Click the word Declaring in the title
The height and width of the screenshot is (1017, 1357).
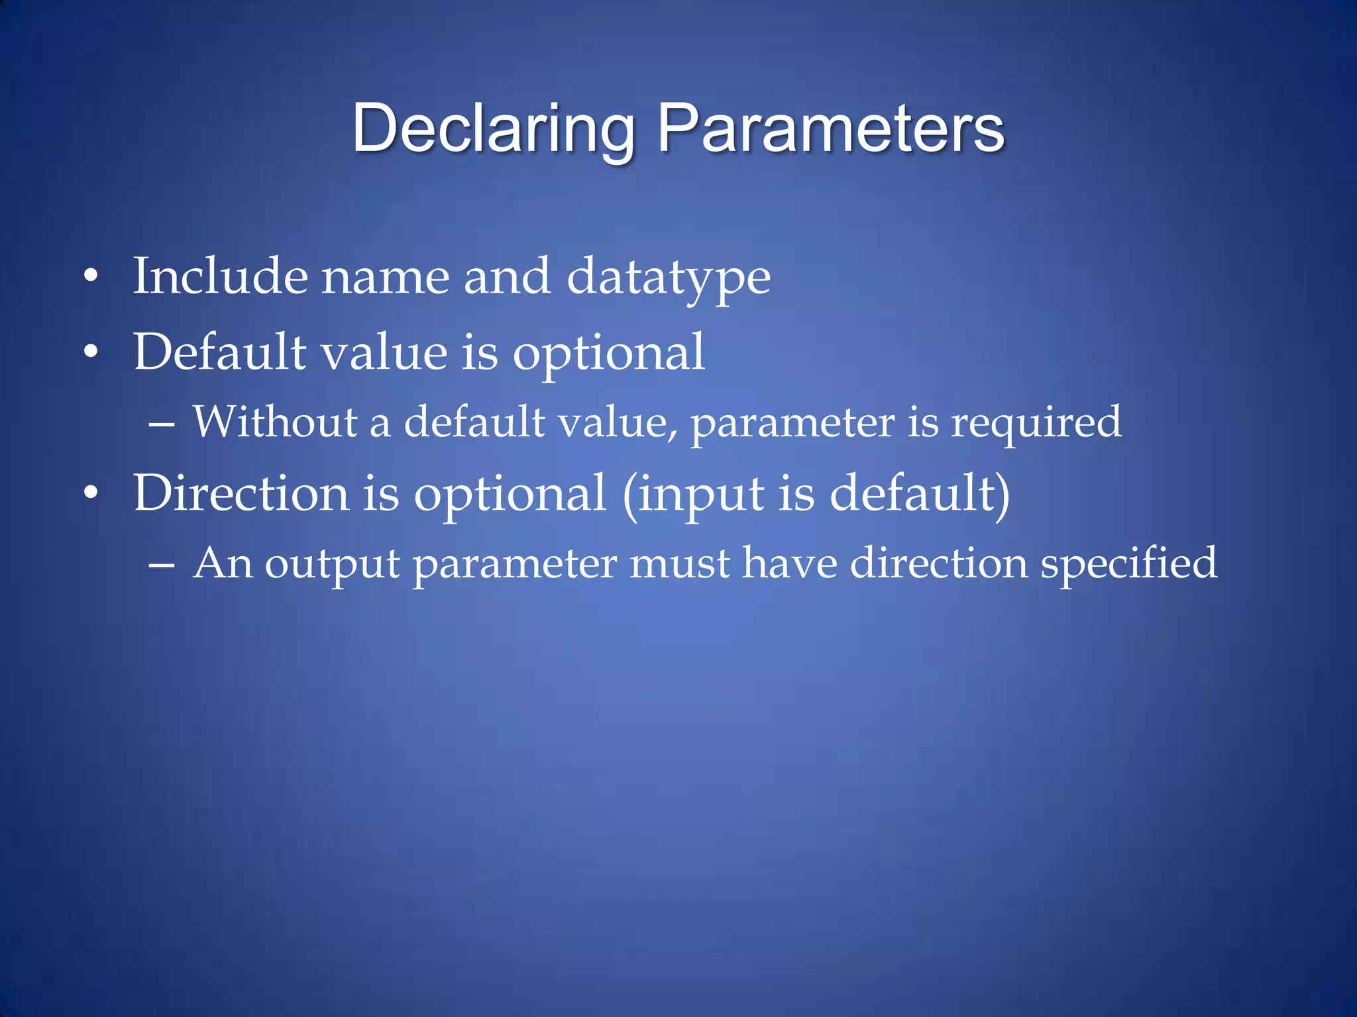tap(494, 129)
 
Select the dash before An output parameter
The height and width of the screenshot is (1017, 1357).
tap(162, 565)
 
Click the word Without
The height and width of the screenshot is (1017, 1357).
tap(276, 422)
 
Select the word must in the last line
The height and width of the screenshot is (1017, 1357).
tap(680, 565)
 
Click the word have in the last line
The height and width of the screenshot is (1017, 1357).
tap(789, 563)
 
